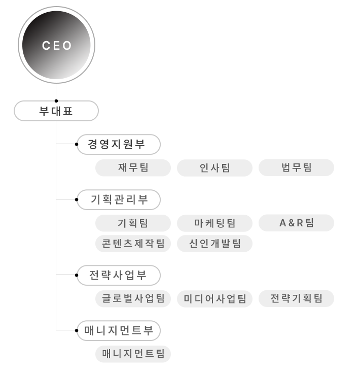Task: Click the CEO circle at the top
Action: (x=57, y=45)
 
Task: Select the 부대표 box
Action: (x=56, y=111)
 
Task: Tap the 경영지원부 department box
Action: (x=119, y=145)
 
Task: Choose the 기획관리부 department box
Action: (x=119, y=199)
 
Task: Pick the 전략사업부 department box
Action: (x=119, y=275)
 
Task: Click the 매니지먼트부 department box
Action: (x=119, y=330)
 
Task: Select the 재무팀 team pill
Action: (x=133, y=167)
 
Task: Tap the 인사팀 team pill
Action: (x=214, y=167)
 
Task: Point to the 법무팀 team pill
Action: (x=296, y=167)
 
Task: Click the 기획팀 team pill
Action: (x=133, y=223)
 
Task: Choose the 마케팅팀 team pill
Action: (x=214, y=223)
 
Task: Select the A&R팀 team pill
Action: (x=296, y=223)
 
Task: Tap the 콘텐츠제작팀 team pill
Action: (x=133, y=244)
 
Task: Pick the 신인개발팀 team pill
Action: (x=214, y=244)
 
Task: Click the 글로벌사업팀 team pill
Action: (x=133, y=298)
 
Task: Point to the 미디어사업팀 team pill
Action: (x=214, y=298)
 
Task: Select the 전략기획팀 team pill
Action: (x=296, y=298)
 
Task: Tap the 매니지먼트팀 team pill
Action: (x=133, y=354)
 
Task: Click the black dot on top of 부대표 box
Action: (x=56, y=101)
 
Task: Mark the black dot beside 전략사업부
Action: (x=77, y=275)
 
